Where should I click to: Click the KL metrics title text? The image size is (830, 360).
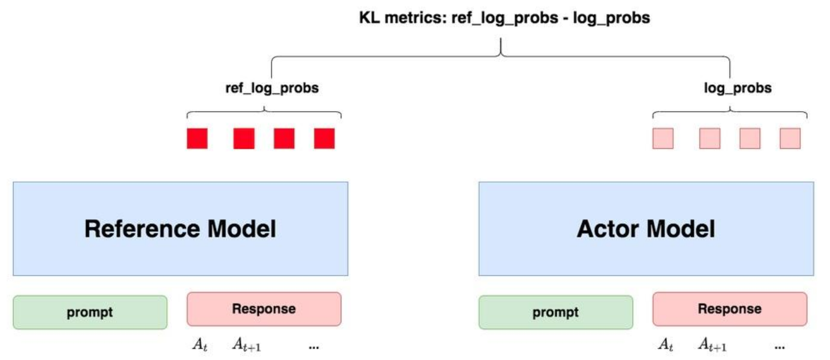pos(505,18)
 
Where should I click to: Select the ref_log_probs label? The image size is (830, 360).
pos(272,88)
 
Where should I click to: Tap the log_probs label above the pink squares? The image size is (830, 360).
pos(737,88)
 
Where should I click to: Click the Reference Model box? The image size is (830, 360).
pos(180,229)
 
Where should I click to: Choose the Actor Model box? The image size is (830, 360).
pos(646,229)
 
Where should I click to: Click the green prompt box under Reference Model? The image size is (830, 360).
pos(90,312)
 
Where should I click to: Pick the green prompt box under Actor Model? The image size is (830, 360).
pos(556,312)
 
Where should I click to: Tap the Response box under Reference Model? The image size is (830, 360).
pos(264,309)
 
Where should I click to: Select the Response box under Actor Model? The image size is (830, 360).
pos(730,309)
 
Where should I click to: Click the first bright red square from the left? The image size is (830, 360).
pos(197,139)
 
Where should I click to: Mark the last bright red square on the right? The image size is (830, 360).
pos(324,139)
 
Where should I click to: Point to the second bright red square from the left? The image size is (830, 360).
pos(244,139)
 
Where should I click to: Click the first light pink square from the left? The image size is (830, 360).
pos(663,139)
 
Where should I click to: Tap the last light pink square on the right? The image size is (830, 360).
pos(790,139)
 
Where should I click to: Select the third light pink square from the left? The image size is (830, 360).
pos(750,139)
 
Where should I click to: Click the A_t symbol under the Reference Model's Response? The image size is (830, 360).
pos(200,345)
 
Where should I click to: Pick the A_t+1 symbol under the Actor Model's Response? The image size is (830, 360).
pos(712,345)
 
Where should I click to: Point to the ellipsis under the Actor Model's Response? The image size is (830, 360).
pos(780,348)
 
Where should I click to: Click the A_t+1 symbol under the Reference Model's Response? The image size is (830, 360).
pos(247,345)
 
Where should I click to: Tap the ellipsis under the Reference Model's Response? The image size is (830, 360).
pos(314,348)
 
